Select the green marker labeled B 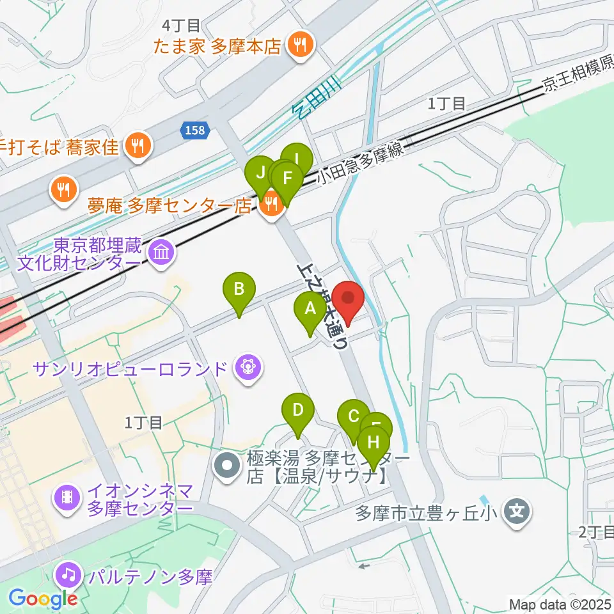[239, 290]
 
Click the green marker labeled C [353, 418]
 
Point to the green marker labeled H [374, 443]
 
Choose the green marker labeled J [260, 173]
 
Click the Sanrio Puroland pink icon [247, 367]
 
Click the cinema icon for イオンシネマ [67, 500]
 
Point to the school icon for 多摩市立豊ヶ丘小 [516, 512]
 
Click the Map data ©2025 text [560, 604]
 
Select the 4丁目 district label [182, 26]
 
